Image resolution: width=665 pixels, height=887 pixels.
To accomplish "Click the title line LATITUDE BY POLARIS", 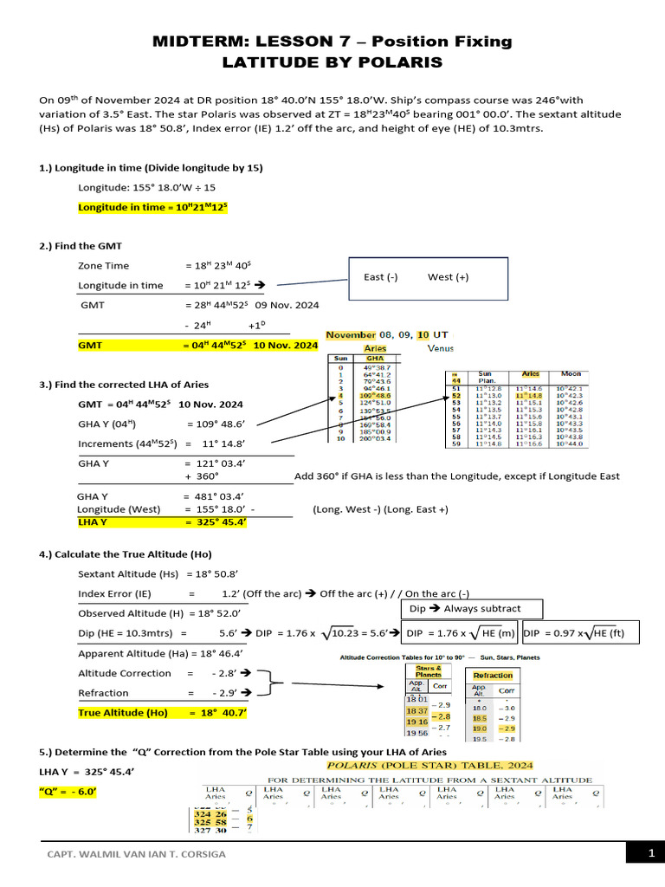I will point(332,62).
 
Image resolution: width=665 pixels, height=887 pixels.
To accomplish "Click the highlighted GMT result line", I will point(198,345).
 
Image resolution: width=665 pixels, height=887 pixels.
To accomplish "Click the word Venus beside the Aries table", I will point(441,348).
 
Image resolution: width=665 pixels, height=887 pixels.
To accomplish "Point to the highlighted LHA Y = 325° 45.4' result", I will point(163,522).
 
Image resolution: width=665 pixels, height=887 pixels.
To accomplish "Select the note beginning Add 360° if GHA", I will point(456,476).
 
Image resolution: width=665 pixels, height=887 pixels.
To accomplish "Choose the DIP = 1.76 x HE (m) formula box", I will point(460,633).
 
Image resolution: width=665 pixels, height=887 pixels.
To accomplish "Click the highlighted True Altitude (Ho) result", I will point(163,713).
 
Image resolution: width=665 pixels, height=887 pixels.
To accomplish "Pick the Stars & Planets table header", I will point(429,670).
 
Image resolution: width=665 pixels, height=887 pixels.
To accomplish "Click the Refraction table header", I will point(494,675).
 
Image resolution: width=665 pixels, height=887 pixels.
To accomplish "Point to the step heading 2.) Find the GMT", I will point(81,246).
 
